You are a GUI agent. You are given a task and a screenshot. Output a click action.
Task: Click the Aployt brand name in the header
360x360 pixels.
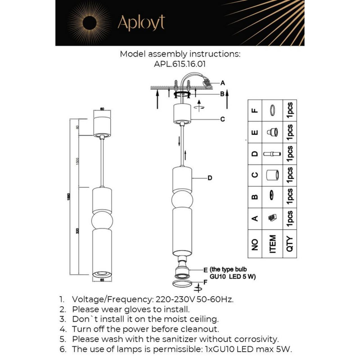[141, 23]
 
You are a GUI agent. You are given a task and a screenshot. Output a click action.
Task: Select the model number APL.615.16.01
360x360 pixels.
[180, 64]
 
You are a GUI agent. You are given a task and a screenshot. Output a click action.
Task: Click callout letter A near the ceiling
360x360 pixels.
[222, 83]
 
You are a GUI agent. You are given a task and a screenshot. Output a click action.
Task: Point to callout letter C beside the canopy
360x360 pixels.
[222, 119]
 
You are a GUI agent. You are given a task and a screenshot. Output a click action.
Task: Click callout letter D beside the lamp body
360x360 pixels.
[210, 177]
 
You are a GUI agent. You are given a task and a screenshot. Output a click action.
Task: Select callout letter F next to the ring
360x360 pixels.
[205, 283]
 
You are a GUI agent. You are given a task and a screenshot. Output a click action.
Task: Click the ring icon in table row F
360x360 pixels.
[273, 111]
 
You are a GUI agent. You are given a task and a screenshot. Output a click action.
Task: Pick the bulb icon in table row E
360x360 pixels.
[273, 132]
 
